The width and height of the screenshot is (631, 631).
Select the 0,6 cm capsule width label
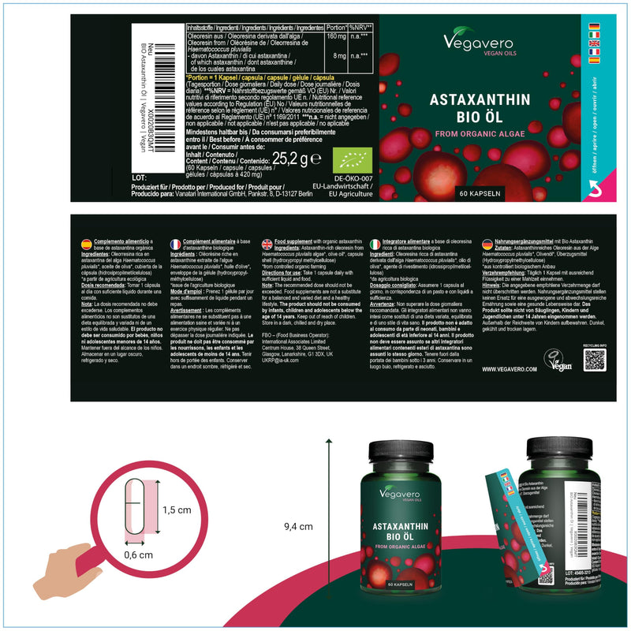(138, 554)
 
